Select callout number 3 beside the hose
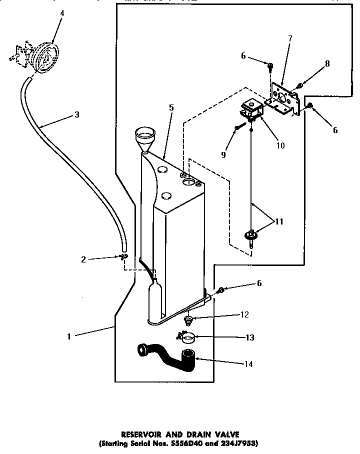[76, 114]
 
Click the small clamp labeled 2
[123, 257]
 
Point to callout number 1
[69, 336]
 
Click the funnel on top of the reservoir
[145, 136]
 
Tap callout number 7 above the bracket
[290, 38]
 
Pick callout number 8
[327, 63]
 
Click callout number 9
[223, 155]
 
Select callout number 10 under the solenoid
[280, 145]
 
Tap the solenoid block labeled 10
[252, 111]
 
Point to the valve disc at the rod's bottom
[251, 235]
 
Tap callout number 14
[248, 364]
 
